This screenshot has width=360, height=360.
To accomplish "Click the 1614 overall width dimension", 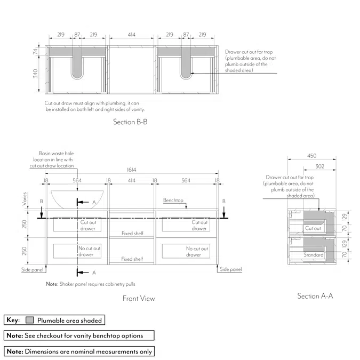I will (131, 170).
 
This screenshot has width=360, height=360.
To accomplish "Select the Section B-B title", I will (130, 122).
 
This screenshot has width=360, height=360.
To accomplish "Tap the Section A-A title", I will (315, 296).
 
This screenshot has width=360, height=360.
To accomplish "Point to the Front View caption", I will (139, 299).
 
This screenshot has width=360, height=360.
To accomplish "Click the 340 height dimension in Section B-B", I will (36, 74).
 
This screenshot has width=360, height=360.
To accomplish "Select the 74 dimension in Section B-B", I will (36, 51).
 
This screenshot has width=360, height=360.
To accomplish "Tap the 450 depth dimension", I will (311, 156).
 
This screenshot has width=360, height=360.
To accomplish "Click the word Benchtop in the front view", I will (173, 201).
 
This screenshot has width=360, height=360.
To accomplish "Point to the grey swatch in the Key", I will (30, 320).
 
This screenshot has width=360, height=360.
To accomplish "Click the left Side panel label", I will (33, 270).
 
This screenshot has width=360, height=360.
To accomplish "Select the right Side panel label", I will (231, 270).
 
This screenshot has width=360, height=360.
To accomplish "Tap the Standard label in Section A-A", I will (314, 255).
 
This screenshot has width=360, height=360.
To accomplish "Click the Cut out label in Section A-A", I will (313, 228).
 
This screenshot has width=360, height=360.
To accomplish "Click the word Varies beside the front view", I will (24, 199).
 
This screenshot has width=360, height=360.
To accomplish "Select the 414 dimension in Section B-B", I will (131, 35).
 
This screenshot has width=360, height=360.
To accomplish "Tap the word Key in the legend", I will (13, 320).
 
